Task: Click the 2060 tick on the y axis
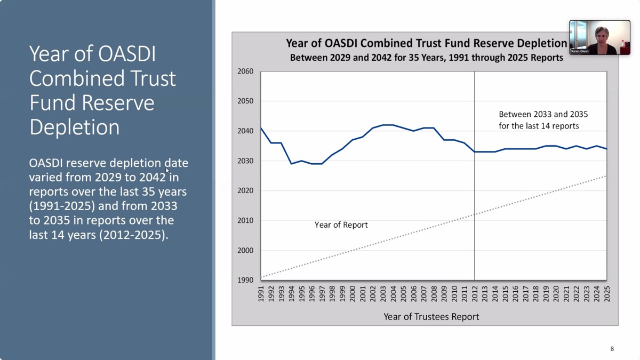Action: (x=246, y=71)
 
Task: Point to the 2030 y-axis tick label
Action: (x=246, y=161)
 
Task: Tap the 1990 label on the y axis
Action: (x=246, y=280)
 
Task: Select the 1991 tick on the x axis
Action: (x=261, y=293)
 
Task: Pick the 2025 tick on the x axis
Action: (x=607, y=293)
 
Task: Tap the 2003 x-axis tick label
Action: (x=383, y=293)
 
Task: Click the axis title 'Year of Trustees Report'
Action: (x=431, y=317)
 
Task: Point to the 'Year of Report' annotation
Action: (x=341, y=225)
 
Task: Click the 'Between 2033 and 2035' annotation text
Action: (x=543, y=115)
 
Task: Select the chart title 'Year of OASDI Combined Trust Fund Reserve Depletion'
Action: (x=426, y=44)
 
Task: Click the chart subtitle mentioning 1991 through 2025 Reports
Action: (x=426, y=58)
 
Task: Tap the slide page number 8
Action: (x=612, y=349)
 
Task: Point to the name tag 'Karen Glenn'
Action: (x=580, y=52)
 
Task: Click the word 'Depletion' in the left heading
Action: (x=74, y=127)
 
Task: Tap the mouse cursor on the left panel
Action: (x=167, y=171)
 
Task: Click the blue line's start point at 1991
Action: (x=261, y=128)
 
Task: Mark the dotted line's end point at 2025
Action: (x=606, y=176)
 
